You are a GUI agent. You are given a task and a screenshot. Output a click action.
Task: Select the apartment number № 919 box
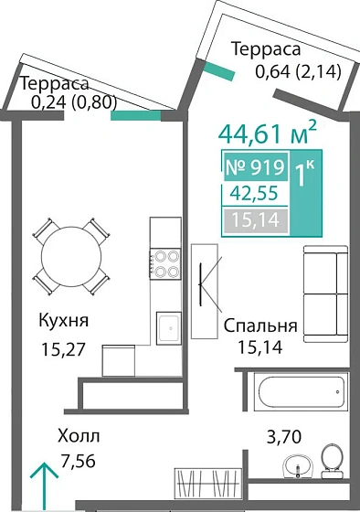point(255,167)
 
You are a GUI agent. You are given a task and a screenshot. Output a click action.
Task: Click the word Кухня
point(63,321)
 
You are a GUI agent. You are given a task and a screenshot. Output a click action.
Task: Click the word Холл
point(78,436)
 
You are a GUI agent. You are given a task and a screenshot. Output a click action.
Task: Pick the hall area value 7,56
point(77,463)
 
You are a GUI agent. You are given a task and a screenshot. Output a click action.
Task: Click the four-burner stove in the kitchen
point(166,264)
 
